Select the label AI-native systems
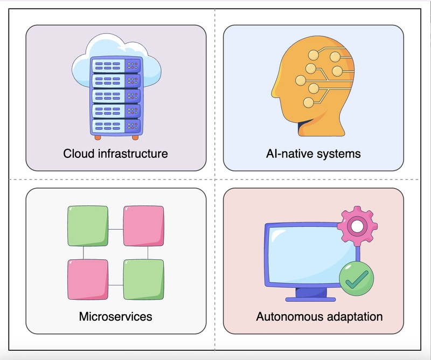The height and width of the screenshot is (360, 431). (313, 154)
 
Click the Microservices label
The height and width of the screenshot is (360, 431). (115, 316)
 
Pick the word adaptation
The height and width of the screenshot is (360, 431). (350, 316)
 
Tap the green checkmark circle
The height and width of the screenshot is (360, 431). (356, 278)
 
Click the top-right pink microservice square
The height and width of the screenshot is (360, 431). (143, 225)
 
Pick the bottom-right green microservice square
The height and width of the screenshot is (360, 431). (143, 279)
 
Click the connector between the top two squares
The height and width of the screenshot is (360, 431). (116, 229)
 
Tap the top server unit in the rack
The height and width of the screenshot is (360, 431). (116, 66)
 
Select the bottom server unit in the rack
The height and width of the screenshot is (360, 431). (116, 126)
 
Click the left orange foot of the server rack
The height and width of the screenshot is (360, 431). (98, 137)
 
